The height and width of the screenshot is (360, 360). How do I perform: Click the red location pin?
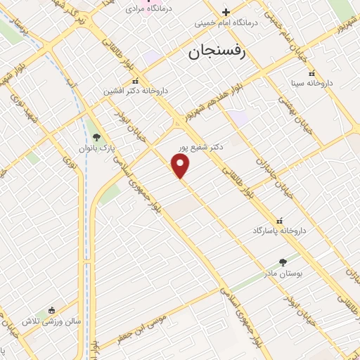pyautogui.click(x=181, y=166)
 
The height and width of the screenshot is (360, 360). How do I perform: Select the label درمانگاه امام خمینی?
pyautogui.click(x=227, y=22)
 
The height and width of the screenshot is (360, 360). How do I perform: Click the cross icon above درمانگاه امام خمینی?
pyautogui.click(x=226, y=11)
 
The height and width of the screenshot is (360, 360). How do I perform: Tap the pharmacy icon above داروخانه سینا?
pyautogui.click(x=311, y=73)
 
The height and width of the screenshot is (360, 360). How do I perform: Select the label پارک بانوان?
pyautogui.click(x=97, y=149)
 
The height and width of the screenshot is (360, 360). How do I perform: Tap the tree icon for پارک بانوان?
pyautogui.click(x=97, y=138)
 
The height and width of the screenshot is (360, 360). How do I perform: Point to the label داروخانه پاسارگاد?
pyautogui.click(x=281, y=231)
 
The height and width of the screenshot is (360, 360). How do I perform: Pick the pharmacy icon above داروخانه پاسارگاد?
pyautogui.click(x=281, y=220)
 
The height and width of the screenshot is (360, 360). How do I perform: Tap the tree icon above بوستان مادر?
pyautogui.click(x=283, y=262)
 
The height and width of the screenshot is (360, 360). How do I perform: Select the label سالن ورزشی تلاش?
pyautogui.click(x=51, y=321)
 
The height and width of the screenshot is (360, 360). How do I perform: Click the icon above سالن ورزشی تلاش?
pyautogui.click(x=51, y=310)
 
